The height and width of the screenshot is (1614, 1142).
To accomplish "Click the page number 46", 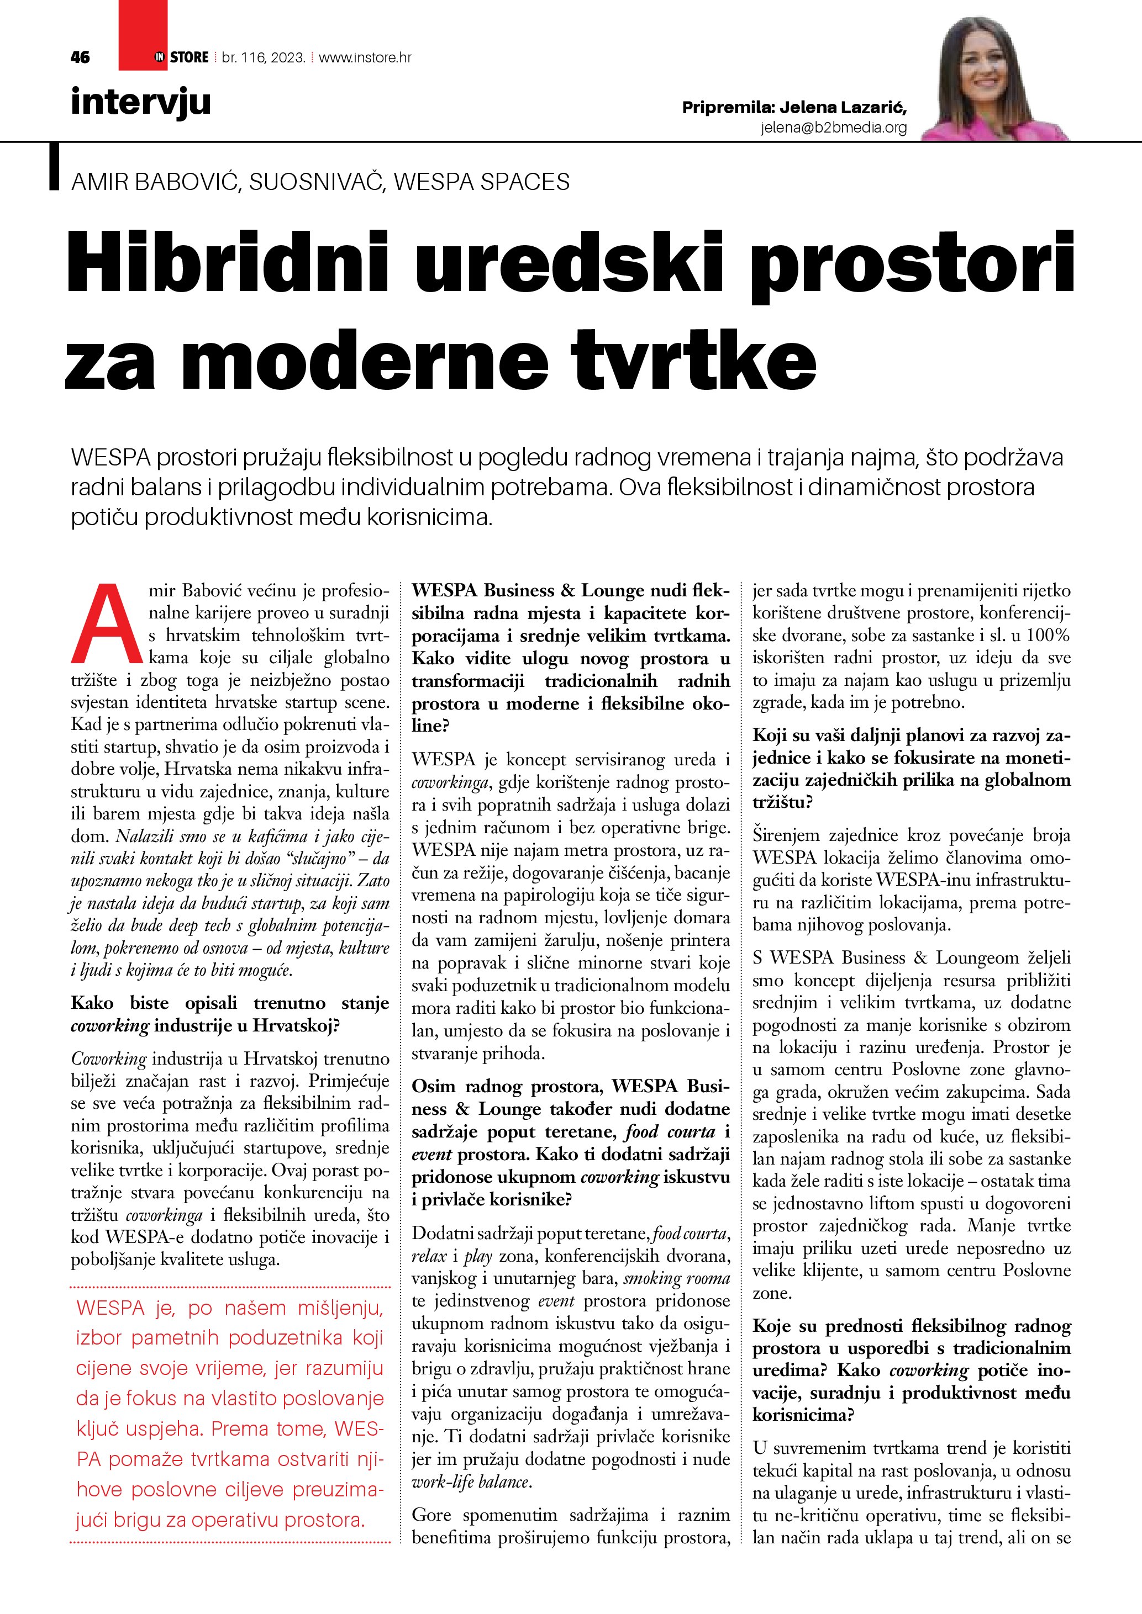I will (80, 57).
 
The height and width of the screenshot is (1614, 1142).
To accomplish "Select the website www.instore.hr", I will (365, 57).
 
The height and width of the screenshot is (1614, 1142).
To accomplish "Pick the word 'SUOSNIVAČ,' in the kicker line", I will (317, 182).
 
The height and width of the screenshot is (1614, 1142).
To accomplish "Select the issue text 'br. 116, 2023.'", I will (264, 57).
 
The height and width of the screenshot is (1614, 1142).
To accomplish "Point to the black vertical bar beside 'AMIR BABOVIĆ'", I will (54, 167).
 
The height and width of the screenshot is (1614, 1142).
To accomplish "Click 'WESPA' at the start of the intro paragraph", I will (110, 458).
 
